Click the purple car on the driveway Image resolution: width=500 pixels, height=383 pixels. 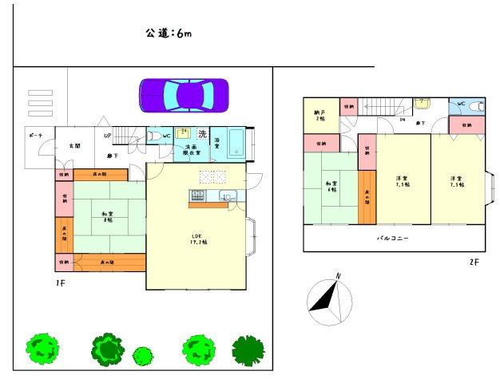(184, 95)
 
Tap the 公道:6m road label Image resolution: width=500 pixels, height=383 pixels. (168, 34)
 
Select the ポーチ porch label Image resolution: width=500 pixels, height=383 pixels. (35, 136)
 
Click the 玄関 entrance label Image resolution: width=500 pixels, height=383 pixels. (74, 146)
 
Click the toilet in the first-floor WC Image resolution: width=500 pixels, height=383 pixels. (155, 136)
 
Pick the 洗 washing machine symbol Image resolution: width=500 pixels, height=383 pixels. (203, 133)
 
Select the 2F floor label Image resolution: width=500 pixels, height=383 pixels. (474, 261)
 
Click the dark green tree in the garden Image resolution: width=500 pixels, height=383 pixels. (248, 349)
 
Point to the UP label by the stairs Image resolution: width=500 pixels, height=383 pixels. (108, 136)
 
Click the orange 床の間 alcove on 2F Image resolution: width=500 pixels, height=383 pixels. (367, 197)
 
